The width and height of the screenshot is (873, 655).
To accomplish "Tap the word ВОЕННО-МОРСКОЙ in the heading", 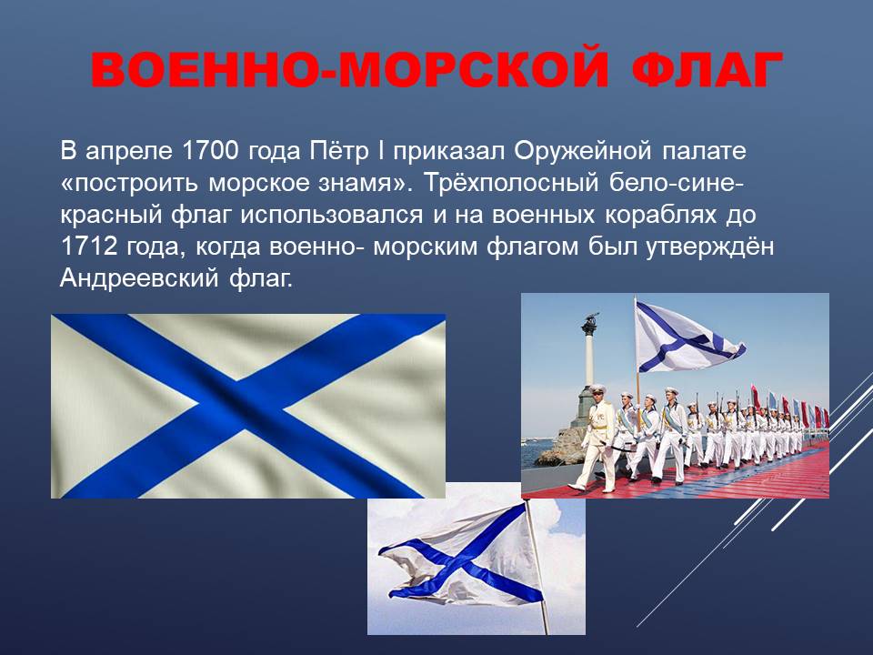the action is [349, 70].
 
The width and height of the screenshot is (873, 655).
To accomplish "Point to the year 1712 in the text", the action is [88, 247].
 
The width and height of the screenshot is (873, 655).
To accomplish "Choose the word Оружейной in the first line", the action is [582, 152].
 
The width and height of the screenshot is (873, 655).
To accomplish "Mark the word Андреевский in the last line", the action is [138, 278].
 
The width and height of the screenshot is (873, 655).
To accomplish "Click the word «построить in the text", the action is [128, 183].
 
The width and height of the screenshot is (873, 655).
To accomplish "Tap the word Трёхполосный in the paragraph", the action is [510, 183].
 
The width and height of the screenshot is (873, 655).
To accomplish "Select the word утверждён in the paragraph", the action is [710, 247].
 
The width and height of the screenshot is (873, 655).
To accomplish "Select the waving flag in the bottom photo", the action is [462, 555].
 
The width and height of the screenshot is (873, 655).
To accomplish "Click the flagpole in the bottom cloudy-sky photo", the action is [537, 567].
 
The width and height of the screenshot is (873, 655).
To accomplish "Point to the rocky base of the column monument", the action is [562, 441].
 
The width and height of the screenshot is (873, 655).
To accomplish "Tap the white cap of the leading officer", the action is [597, 388].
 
